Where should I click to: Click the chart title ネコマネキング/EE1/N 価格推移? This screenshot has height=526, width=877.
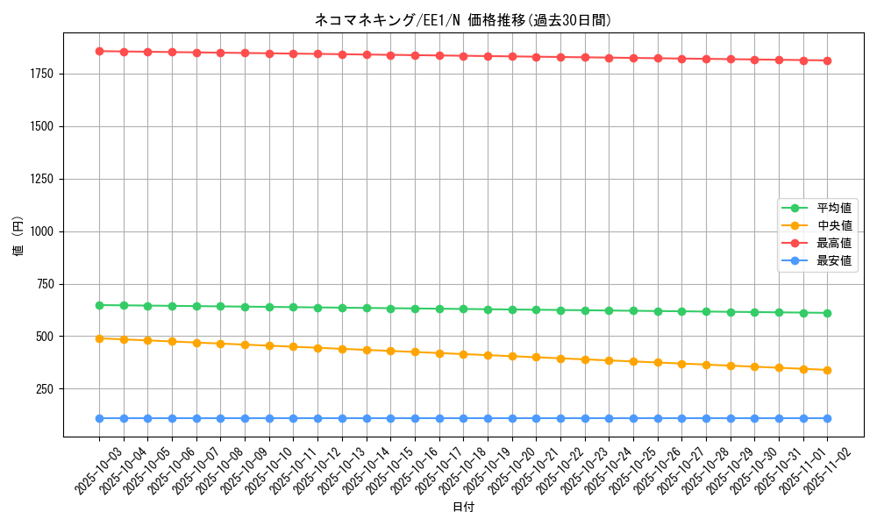462,20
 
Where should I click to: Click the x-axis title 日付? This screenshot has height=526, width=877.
462,508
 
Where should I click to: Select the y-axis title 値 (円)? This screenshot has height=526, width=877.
18,237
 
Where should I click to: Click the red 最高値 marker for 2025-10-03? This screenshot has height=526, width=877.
99,52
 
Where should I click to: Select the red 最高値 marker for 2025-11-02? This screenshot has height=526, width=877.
827,60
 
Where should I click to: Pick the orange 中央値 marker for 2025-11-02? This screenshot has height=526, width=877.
827,370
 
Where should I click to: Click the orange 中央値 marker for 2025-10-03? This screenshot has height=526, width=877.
99,338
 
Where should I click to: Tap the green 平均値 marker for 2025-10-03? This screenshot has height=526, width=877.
99,305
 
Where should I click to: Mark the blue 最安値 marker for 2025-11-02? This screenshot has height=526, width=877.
827,419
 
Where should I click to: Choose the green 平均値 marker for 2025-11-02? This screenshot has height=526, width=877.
827,313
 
